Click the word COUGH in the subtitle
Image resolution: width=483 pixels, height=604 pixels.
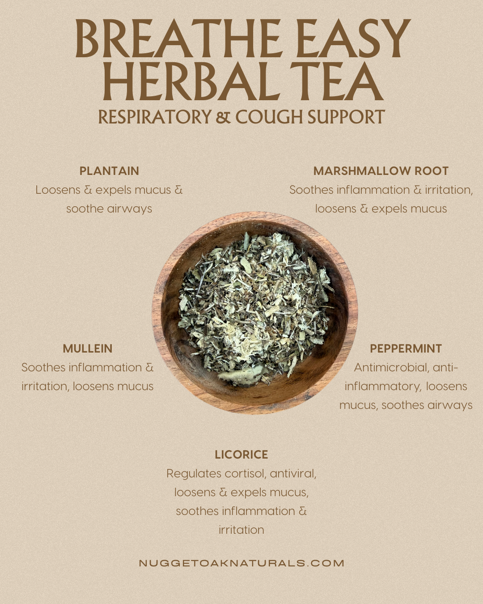pos(269,117)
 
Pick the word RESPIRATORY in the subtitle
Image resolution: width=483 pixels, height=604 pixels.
pos(155,117)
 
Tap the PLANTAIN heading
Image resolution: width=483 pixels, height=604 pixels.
pos(109,171)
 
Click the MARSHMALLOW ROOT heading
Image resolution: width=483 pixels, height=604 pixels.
pos(381,171)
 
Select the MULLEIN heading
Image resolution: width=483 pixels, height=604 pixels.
pos(88,349)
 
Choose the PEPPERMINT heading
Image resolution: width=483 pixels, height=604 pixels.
pos(406,349)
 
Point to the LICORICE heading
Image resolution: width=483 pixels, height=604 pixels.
pos(241,455)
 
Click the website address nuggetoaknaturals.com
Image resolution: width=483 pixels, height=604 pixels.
pos(241,563)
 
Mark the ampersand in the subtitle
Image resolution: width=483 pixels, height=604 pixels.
pos(223,117)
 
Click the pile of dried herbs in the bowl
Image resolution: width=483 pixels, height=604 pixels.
pos(255,309)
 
